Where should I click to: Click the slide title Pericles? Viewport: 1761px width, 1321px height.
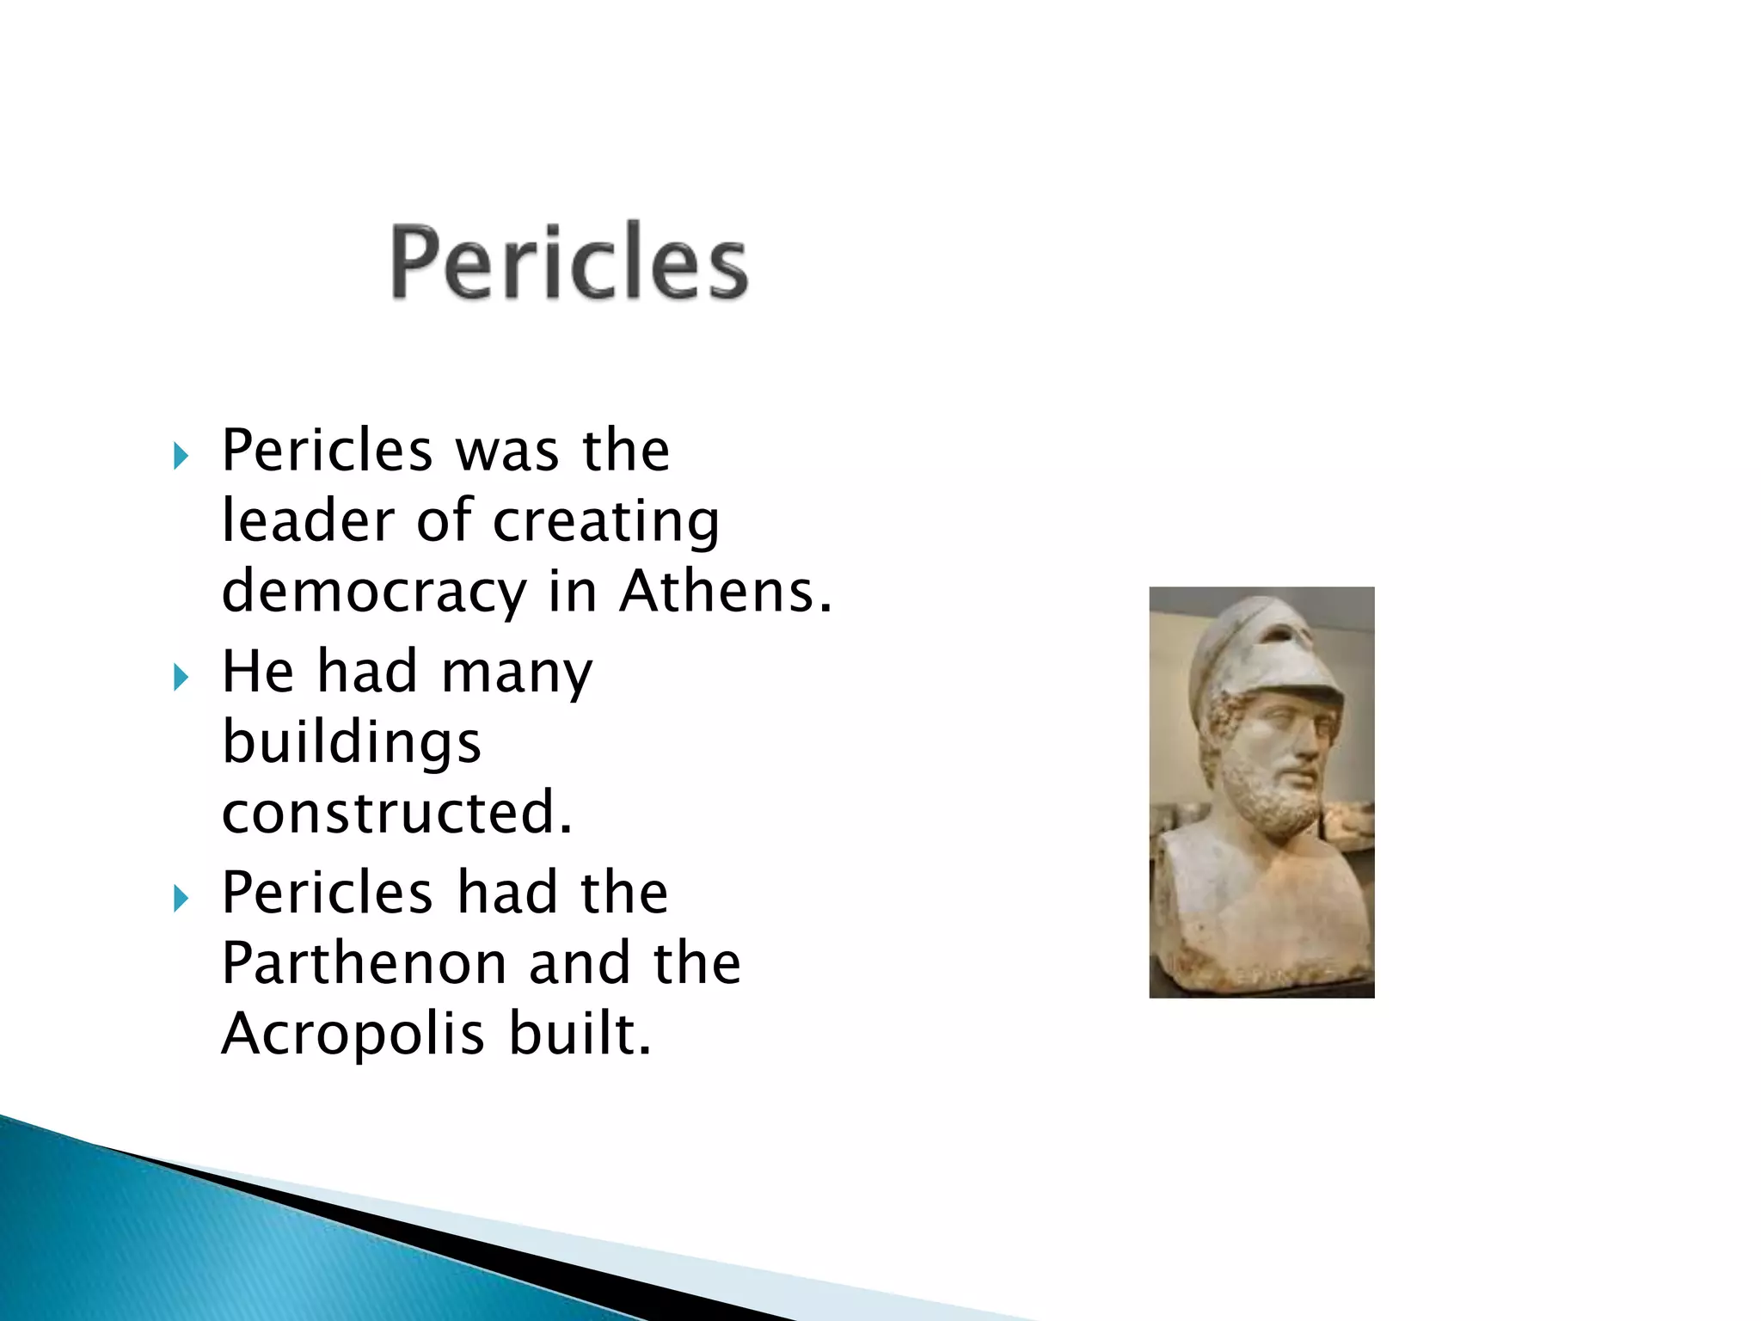[x=569, y=261]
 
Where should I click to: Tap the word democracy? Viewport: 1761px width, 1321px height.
[x=373, y=592]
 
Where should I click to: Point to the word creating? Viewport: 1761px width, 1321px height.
[x=606, y=523]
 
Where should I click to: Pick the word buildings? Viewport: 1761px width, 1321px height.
[x=351, y=742]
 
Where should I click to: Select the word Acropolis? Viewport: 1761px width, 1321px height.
[x=353, y=1033]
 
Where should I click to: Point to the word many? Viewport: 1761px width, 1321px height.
[x=516, y=673]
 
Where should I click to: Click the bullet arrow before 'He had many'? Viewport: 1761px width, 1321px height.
[x=181, y=678]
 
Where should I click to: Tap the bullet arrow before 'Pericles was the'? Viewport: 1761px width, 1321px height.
[x=181, y=456]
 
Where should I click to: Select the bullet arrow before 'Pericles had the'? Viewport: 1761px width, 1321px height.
[x=181, y=899]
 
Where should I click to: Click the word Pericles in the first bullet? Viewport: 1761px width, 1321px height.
[x=327, y=451]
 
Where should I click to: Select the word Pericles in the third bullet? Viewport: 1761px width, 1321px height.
[x=327, y=893]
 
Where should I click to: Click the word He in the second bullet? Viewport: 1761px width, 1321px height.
[x=258, y=672]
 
